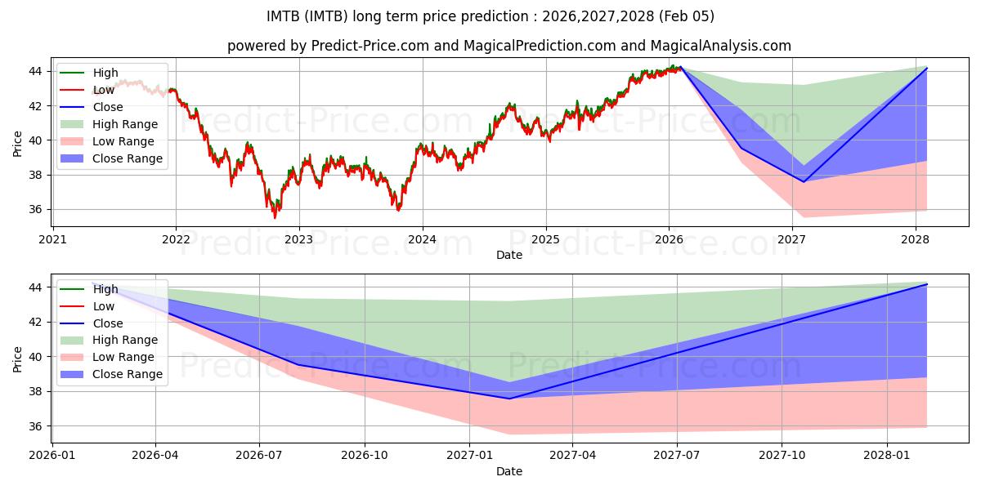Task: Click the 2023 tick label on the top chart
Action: (x=298, y=239)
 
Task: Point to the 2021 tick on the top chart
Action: (x=52, y=239)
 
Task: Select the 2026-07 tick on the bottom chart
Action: (x=259, y=456)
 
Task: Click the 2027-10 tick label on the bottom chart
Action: (x=782, y=456)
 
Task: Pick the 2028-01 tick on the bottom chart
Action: (x=887, y=456)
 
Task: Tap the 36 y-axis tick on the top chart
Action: (x=37, y=210)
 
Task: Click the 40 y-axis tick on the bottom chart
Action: (x=37, y=357)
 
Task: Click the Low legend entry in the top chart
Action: (x=103, y=90)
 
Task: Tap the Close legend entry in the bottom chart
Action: (x=107, y=323)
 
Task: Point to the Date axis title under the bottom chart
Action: (x=508, y=471)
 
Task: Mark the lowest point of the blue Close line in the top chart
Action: (x=803, y=181)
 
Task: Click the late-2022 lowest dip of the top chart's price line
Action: (x=275, y=217)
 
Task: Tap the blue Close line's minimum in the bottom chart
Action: (x=508, y=399)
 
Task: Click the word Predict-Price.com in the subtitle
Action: (x=370, y=47)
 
